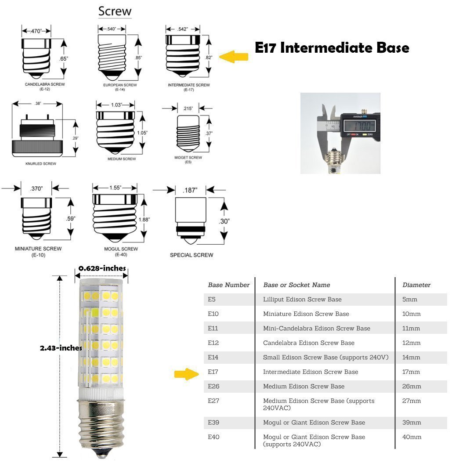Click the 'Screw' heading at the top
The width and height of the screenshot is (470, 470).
click(115, 11)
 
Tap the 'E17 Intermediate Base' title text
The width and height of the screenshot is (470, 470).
click(332, 47)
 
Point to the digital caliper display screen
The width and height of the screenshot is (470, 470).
click(360, 124)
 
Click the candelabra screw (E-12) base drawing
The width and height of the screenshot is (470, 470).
click(37, 56)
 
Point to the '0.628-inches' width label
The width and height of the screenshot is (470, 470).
click(102, 268)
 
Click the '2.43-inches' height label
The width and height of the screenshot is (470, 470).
click(61, 348)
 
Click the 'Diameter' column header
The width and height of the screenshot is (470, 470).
click(416, 285)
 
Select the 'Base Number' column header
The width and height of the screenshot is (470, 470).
click(228, 285)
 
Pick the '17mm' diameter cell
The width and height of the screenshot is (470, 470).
click(411, 372)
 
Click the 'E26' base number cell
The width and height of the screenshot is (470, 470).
click(213, 387)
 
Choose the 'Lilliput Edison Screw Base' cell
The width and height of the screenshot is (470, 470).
click(302, 300)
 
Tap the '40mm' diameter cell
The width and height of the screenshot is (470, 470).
click(412, 437)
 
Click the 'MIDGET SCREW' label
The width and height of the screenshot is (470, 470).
click(188, 157)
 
